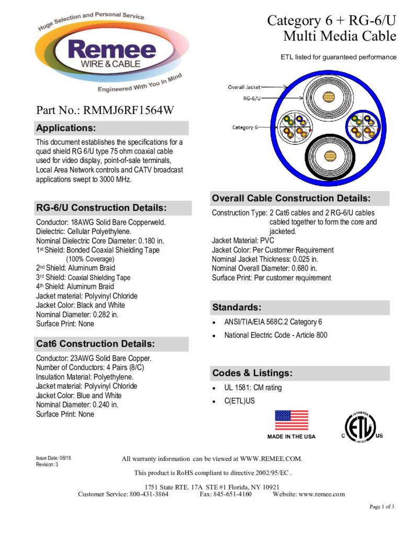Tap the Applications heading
point(66,128)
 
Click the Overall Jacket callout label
point(244,87)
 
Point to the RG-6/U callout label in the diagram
point(253,98)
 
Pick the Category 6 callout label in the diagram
point(245,127)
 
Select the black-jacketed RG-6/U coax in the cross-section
point(329,157)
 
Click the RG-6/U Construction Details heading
point(101,207)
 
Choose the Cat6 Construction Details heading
point(95,344)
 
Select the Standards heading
point(237,307)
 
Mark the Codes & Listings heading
point(252,373)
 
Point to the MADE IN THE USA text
point(292,436)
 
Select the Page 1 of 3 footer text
point(382,506)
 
